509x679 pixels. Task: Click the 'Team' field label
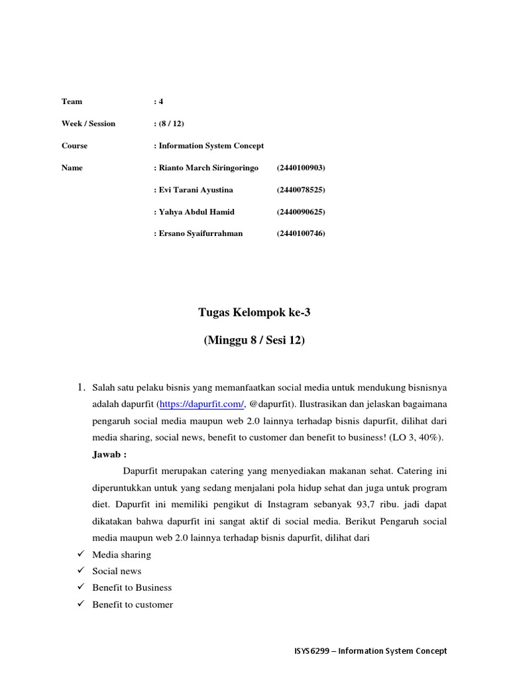click(72, 101)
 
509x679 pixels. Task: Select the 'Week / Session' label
click(88, 123)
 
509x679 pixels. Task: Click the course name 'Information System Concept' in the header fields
click(211, 145)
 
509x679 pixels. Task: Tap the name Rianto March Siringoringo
click(208, 168)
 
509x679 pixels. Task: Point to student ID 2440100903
click(301, 168)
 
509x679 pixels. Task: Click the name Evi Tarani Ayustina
click(196, 190)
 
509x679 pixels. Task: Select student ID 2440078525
click(301, 190)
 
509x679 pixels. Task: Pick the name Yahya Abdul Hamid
click(196, 212)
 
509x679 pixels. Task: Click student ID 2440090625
click(301, 212)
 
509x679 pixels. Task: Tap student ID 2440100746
click(301, 233)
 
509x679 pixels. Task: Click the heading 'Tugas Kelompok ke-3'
click(254, 313)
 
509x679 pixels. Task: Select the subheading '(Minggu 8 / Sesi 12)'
click(254, 341)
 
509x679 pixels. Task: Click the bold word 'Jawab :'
click(109, 454)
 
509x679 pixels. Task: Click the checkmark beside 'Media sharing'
click(80, 554)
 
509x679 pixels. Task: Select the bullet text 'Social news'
click(117, 571)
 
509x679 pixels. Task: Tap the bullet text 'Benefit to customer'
click(133, 604)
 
